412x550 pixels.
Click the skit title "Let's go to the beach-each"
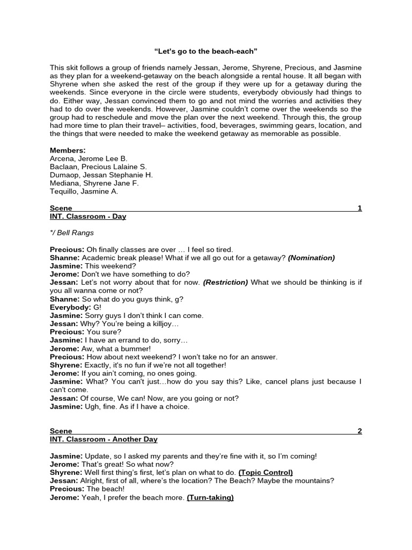tap(205, 52)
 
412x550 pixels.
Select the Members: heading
tap(68, 150)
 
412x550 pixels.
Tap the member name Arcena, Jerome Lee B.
tap(89, 158)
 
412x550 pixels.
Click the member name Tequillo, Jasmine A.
tap(84, 191)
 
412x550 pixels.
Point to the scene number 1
tap(359, 208)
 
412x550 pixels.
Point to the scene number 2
tap(359, 431)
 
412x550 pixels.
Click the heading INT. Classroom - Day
tap(88, 216)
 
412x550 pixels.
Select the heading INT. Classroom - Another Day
tap(104, 439)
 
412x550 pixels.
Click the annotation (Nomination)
tap(311, 258)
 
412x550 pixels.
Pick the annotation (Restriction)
tap(225, 283)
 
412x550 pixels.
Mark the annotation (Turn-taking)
tap(210, 498)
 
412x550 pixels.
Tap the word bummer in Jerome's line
tap(120, 349)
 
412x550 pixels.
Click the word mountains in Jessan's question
tap(314, 481)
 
